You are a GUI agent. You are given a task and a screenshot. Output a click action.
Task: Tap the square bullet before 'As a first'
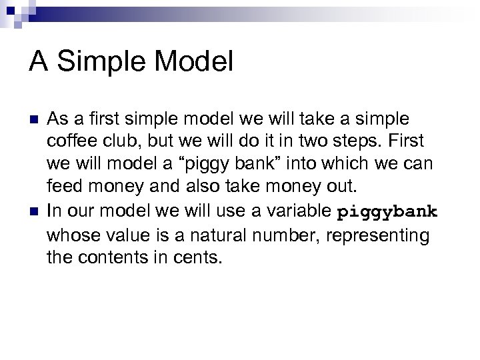click(33, 119)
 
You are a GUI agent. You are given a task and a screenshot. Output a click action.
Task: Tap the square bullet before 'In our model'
click(33, 213)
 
